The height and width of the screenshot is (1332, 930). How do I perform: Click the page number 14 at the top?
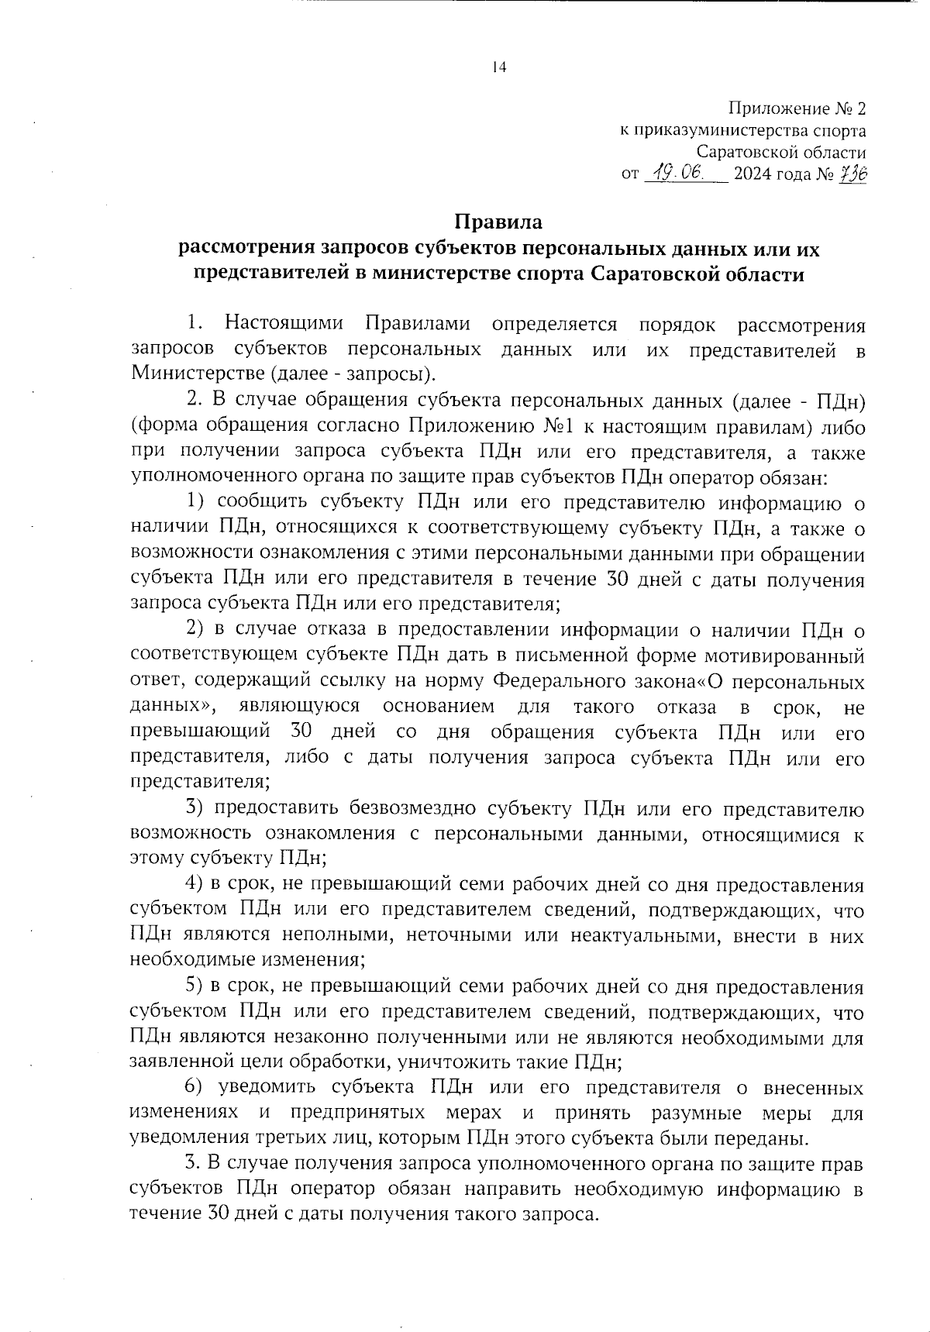pos(499,68)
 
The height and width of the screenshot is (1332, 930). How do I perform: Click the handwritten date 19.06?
pos(677,173)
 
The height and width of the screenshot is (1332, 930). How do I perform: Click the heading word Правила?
pos(498,222)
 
